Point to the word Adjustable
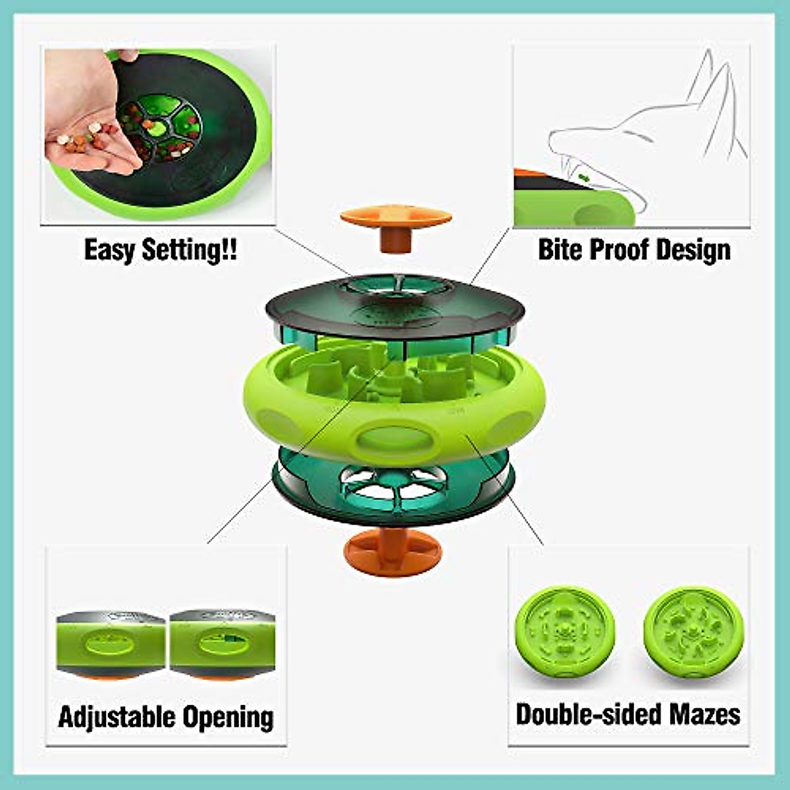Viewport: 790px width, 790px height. tap(117, 716)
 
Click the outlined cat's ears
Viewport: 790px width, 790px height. tap(714, 92)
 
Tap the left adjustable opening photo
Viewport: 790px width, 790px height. tap(110, 645)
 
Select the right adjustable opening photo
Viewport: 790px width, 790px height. tap(222, 645)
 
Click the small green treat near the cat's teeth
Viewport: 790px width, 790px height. tap(583, 176)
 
